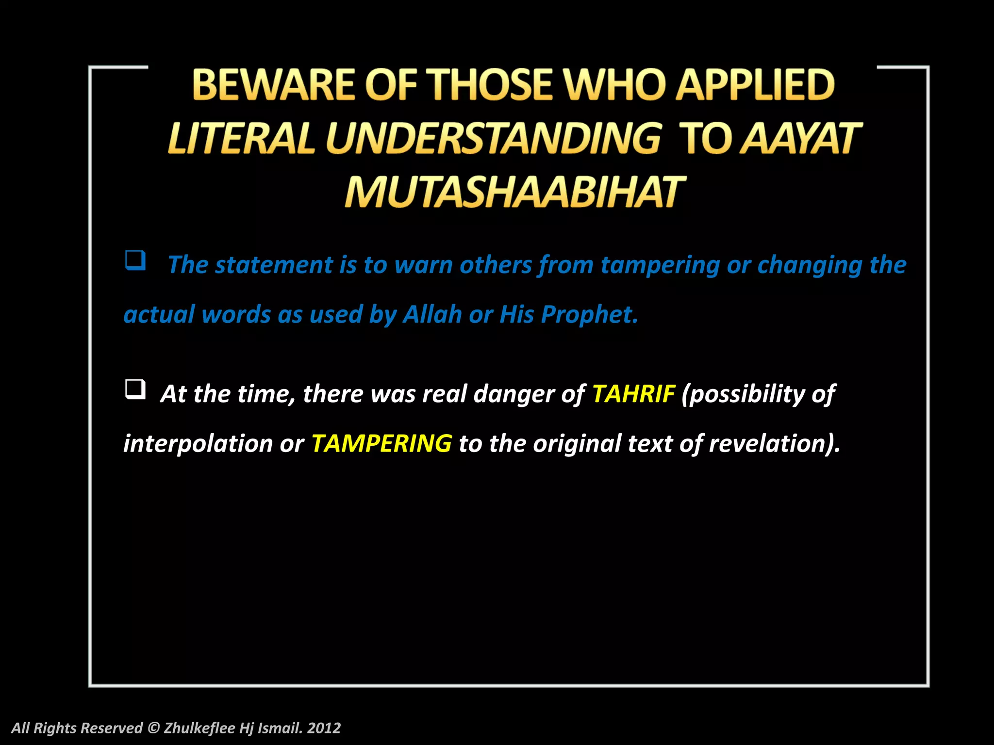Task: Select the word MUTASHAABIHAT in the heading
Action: tap(514, 193)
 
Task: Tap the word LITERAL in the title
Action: tap(241, 139)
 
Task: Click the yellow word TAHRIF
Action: tap(633, 394)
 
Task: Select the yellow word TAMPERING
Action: tap(381, 444)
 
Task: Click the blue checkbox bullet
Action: tap(135, 260)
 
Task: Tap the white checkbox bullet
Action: tap(135, 389)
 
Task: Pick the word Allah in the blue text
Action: tap(432, 315)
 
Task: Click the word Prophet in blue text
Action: tap(589, 315)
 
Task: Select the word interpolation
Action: tap(198, 444)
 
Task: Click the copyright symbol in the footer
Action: tap(153, 728)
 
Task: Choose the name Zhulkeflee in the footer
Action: tap(199, 728)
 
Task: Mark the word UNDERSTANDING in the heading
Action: tap(493, 139)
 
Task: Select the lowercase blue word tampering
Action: tap(660, 266)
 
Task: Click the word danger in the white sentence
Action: tap(514, 394)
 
